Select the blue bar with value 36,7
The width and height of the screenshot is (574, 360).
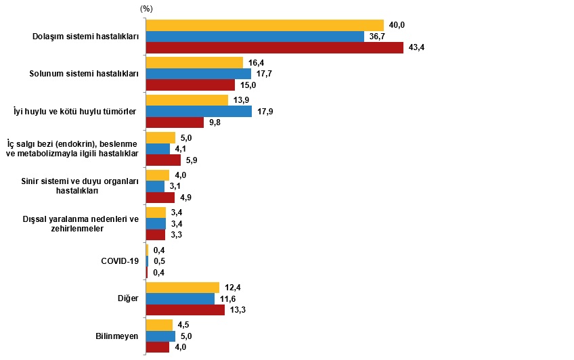[x=255, y=37]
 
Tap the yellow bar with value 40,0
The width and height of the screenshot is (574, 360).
[x=265, y=25]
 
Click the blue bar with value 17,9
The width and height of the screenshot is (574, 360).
[x=199, y=112]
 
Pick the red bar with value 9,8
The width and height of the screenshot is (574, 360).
[x=175, y=122]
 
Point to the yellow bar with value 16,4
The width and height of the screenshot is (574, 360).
[x=194, y=62]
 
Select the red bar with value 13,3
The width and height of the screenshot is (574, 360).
[x=185, y=310]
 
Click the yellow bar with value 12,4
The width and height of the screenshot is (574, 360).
[x=183, y=288]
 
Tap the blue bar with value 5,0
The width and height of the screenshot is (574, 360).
[x=160, y=336]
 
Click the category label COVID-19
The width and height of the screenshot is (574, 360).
[x=120, y=261]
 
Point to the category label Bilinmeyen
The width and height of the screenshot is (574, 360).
[x=118, y=336]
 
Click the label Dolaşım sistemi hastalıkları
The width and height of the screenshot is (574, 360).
[x=86, y=37]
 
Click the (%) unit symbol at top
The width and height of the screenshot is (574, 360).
[x=146, y=8]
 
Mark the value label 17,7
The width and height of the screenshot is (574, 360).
[x=264, y=74]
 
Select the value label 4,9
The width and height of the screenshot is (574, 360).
[x=184, y=198]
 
